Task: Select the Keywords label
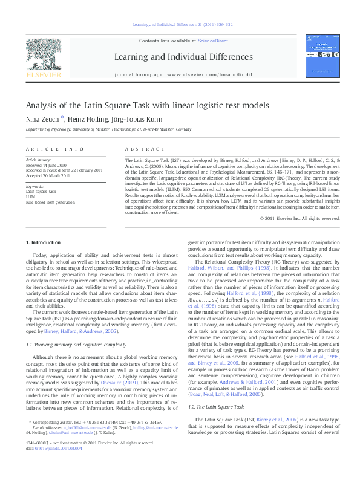[35, 186]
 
